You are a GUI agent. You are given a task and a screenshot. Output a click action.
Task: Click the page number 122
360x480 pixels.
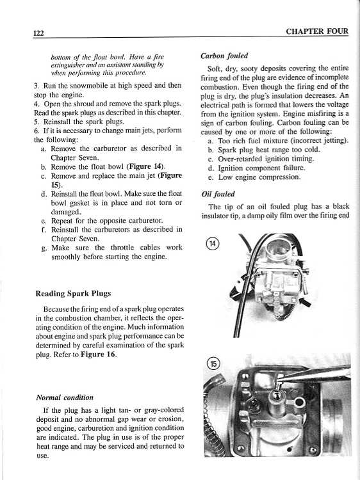[38, 33]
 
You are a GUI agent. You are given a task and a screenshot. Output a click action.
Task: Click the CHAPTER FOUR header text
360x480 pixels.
[317, 31]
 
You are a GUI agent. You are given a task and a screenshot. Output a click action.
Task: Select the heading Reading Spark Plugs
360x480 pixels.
[73, 294]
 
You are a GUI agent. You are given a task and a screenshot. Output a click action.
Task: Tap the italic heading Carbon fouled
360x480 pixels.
[224, 56]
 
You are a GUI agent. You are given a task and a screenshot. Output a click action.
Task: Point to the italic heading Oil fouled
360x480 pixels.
[218, 194]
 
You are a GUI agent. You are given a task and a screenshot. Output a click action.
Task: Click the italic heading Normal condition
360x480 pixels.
[65, 397]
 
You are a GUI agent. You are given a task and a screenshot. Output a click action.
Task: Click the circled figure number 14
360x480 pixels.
[212, 244]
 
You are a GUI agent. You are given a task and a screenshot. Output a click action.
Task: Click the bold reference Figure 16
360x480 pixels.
[99, 355]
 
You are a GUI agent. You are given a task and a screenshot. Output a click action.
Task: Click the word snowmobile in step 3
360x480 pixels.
[86, 85]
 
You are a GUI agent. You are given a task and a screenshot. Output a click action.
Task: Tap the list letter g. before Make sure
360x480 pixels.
[44, 248]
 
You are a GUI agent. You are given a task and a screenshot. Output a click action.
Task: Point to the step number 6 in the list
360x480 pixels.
[36, 131]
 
